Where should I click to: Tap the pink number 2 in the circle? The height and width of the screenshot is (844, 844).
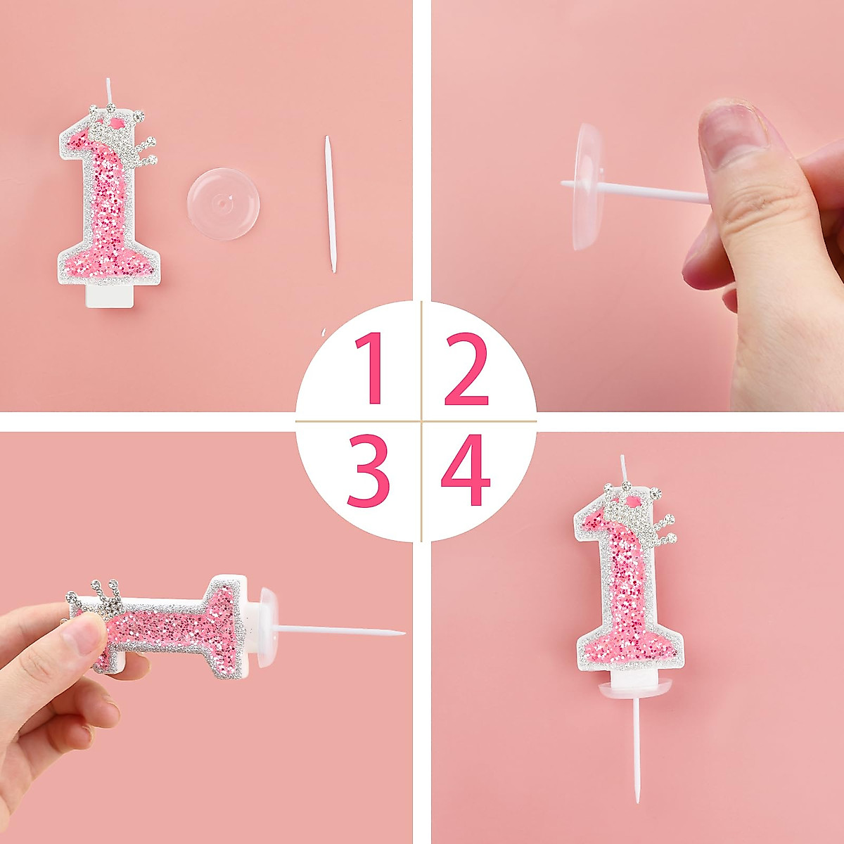(x=466, y=369)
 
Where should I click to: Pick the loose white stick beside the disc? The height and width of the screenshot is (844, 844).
(x=330, y=204)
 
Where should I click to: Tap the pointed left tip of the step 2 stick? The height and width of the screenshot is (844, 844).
(x=563, y=184)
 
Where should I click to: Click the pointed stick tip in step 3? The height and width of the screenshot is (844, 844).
(x=402, y=633)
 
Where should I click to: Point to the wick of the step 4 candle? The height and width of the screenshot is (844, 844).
(x=623, y=468)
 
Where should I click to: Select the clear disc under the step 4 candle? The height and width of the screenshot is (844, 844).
(x=634, y=692)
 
